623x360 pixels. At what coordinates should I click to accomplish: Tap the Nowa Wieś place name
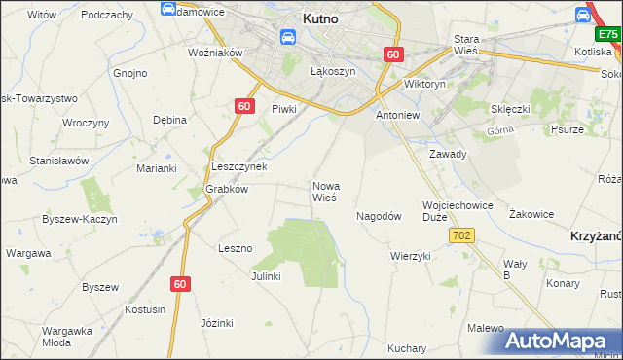tap(324, 191)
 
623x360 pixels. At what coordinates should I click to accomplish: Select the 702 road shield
tap(461, 235)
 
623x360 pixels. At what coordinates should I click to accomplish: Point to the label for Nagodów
tap(379, 216)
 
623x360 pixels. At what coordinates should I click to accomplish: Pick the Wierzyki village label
tap(410, 256)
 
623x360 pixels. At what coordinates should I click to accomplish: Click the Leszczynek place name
tap(239, 166)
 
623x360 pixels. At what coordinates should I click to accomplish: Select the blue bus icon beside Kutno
tap(288, 38)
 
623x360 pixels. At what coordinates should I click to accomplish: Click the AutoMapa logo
tap(563, 340)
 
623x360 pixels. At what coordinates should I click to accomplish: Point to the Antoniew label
tap(397, 114)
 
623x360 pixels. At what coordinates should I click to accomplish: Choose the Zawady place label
tap(449, 154)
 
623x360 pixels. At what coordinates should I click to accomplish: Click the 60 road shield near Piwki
tap(244, 106)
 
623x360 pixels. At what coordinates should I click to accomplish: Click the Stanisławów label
tap(59, 161)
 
